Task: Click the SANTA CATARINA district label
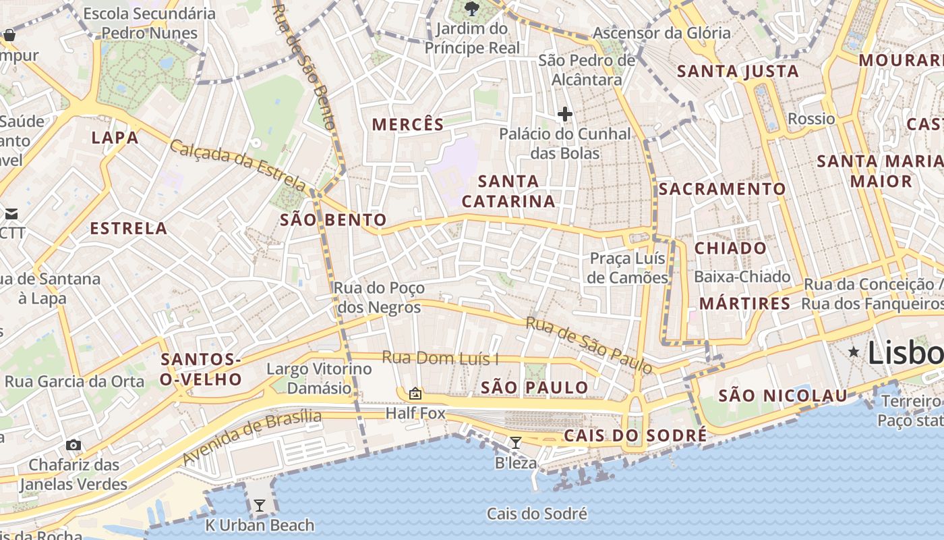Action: pos(508,191)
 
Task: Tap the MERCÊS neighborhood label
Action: pos(408,124)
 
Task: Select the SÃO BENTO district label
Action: pos(333,219)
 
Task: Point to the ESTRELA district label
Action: pos(129,228)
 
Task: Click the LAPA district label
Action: pos(115,138)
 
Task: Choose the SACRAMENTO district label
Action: pos(722,189)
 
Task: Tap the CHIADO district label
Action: pos(730,248)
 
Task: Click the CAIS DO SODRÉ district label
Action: pos(635,435)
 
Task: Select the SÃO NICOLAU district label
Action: pos(782,396)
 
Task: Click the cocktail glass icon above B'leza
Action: pos(516,443)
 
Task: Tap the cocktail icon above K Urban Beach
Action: pos(259,506)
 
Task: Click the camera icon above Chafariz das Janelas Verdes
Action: pos(73,445)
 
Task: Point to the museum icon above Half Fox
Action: pos(415,393)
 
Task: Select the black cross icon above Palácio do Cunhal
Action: pos(565,114)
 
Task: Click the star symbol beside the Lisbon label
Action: pos(854,352)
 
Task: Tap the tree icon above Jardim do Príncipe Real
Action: pos(471,9)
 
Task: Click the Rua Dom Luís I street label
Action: pos(440,358)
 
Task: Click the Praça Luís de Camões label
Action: pos(627,268)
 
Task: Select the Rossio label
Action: pos(811,119)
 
